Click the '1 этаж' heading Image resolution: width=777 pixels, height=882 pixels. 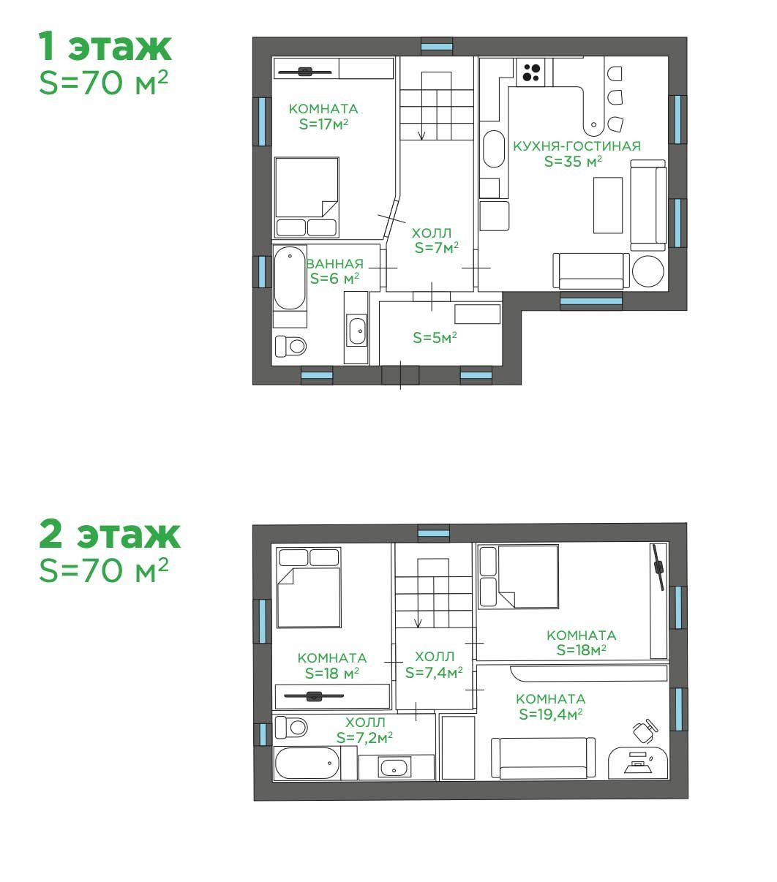coord(105,46)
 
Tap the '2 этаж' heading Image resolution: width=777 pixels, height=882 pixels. coord(109,534)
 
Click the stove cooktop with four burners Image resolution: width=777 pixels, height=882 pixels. coord(530,72)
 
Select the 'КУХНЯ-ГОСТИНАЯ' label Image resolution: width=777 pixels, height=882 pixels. coord(577,146)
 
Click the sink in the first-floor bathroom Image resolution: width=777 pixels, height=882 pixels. coord(357,331)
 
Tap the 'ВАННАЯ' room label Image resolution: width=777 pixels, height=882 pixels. coord(334,263)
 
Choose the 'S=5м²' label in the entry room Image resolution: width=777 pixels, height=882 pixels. coord(435,337)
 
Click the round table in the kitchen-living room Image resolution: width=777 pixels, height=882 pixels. coord(648,271)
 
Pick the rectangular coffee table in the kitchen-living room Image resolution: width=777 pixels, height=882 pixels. coord(607,205)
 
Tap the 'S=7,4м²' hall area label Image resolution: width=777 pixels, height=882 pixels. coord(434,672)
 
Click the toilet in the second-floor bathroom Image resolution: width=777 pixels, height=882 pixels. coord(291,727)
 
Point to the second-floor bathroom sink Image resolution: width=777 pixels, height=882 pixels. coord(394,766)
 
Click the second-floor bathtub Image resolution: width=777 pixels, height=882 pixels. coord(307,763)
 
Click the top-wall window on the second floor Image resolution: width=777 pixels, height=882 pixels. coord(433,533)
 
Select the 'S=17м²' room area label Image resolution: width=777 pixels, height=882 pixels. coord(323,124)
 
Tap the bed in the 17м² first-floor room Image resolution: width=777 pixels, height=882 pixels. coord(307,197)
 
